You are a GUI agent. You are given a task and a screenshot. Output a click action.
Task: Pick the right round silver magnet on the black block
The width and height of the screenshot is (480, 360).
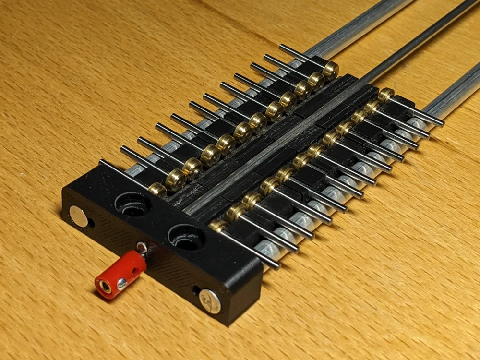point(210,301)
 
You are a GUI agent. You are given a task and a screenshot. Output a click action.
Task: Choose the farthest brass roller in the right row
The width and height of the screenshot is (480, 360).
point(386,95)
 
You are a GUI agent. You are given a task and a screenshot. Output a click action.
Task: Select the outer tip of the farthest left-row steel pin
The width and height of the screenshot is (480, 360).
point(282,47)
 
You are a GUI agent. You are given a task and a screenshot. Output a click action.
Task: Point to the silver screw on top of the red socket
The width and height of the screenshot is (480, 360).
point(141,248)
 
